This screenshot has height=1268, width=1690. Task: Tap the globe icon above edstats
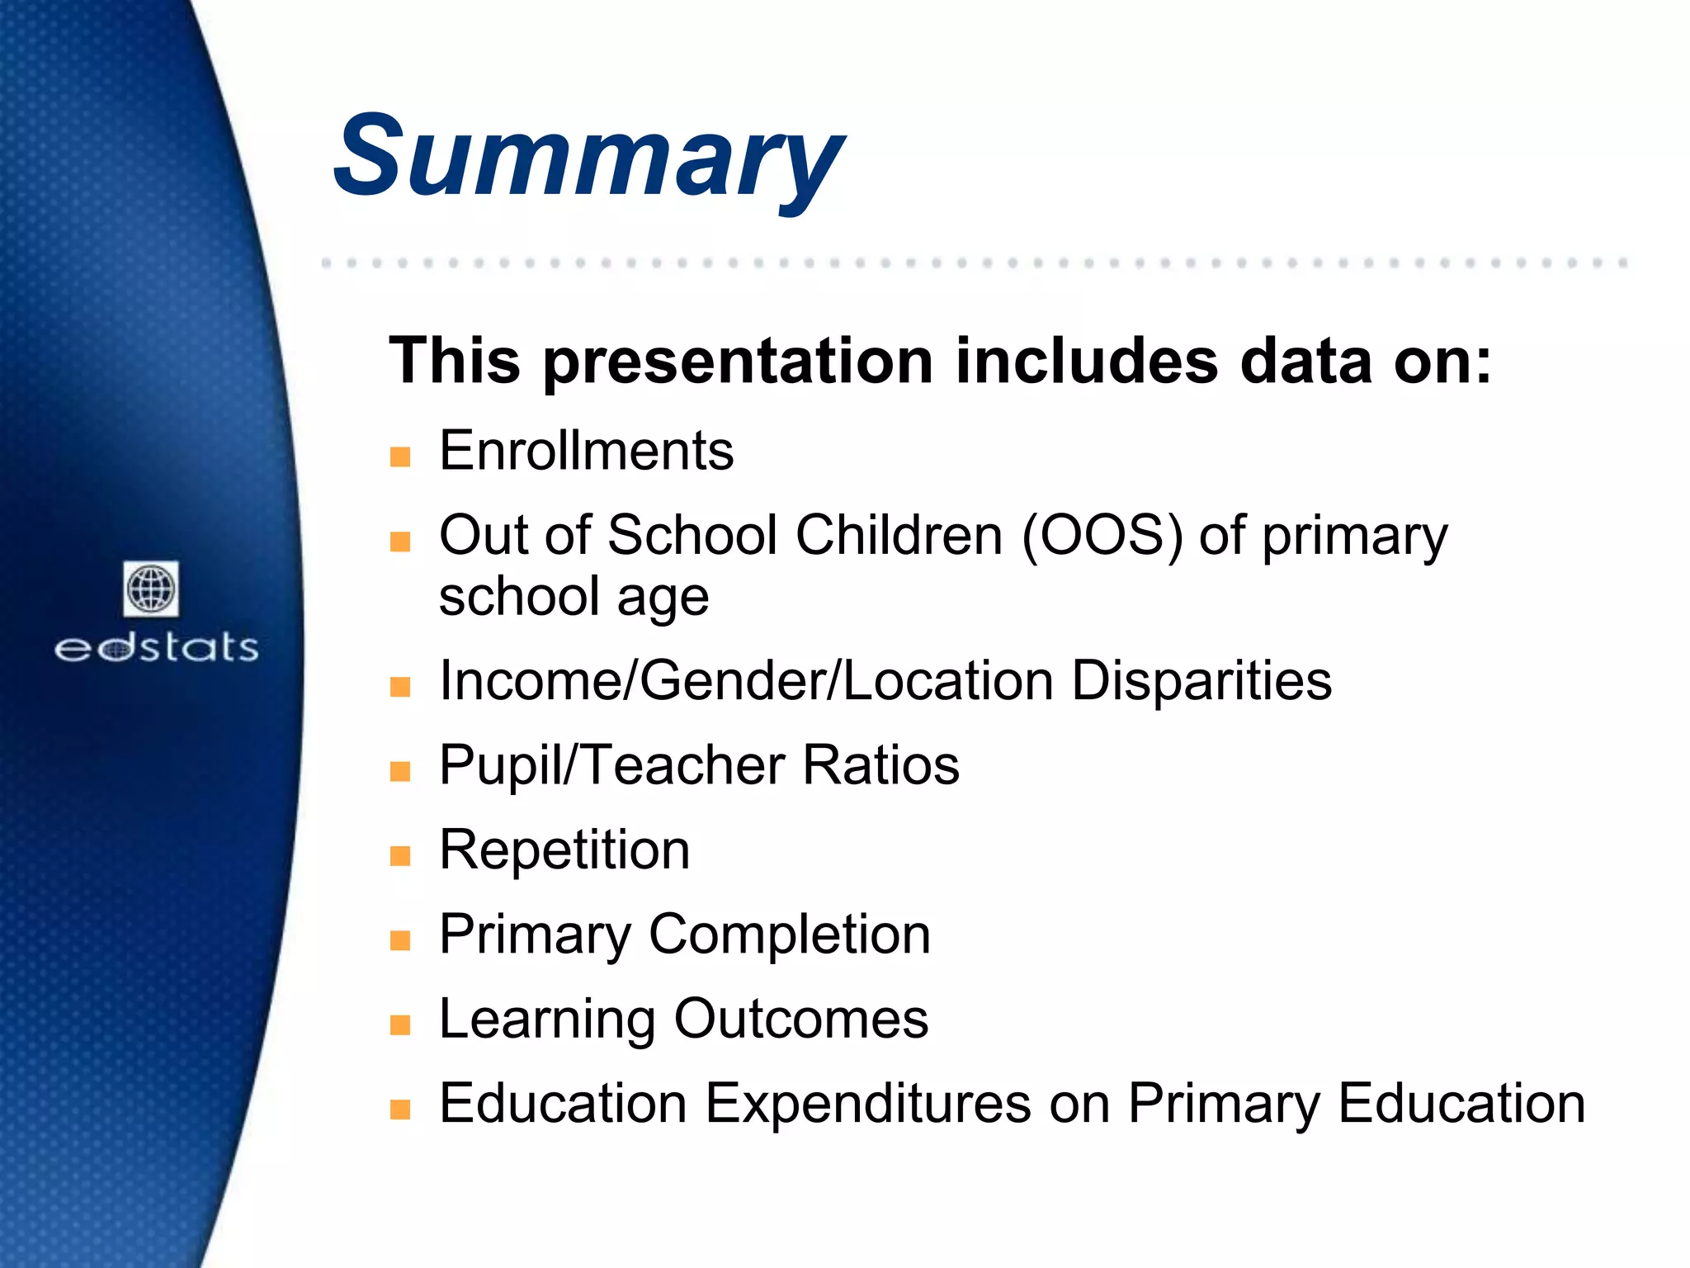coord(151,589)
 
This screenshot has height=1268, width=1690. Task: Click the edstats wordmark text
coord(156,648)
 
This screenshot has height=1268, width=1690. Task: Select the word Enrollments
coord(586,452)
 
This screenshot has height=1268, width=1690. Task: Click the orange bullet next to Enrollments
coord(400,457)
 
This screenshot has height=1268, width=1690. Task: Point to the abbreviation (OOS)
coord(1102,536)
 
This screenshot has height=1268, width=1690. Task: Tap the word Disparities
coord(1201,681)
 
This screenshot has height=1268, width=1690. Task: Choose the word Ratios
coord(880,765)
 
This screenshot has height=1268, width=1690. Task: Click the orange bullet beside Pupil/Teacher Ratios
coord(400,772)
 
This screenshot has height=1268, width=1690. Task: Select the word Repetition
coord(564,850)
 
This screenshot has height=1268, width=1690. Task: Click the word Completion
coord(790,934)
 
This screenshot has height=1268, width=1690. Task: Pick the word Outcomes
coord(800,1019)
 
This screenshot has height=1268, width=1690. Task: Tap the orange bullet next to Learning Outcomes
coord(400,1024)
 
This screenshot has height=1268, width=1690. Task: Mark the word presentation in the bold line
coord(738,362)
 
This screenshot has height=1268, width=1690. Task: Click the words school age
coord(574,597)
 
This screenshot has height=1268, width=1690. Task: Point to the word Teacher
coord(684,765)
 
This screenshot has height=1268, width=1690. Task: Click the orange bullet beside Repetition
coord(400,856)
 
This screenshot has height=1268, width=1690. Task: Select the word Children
coord(899,536)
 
